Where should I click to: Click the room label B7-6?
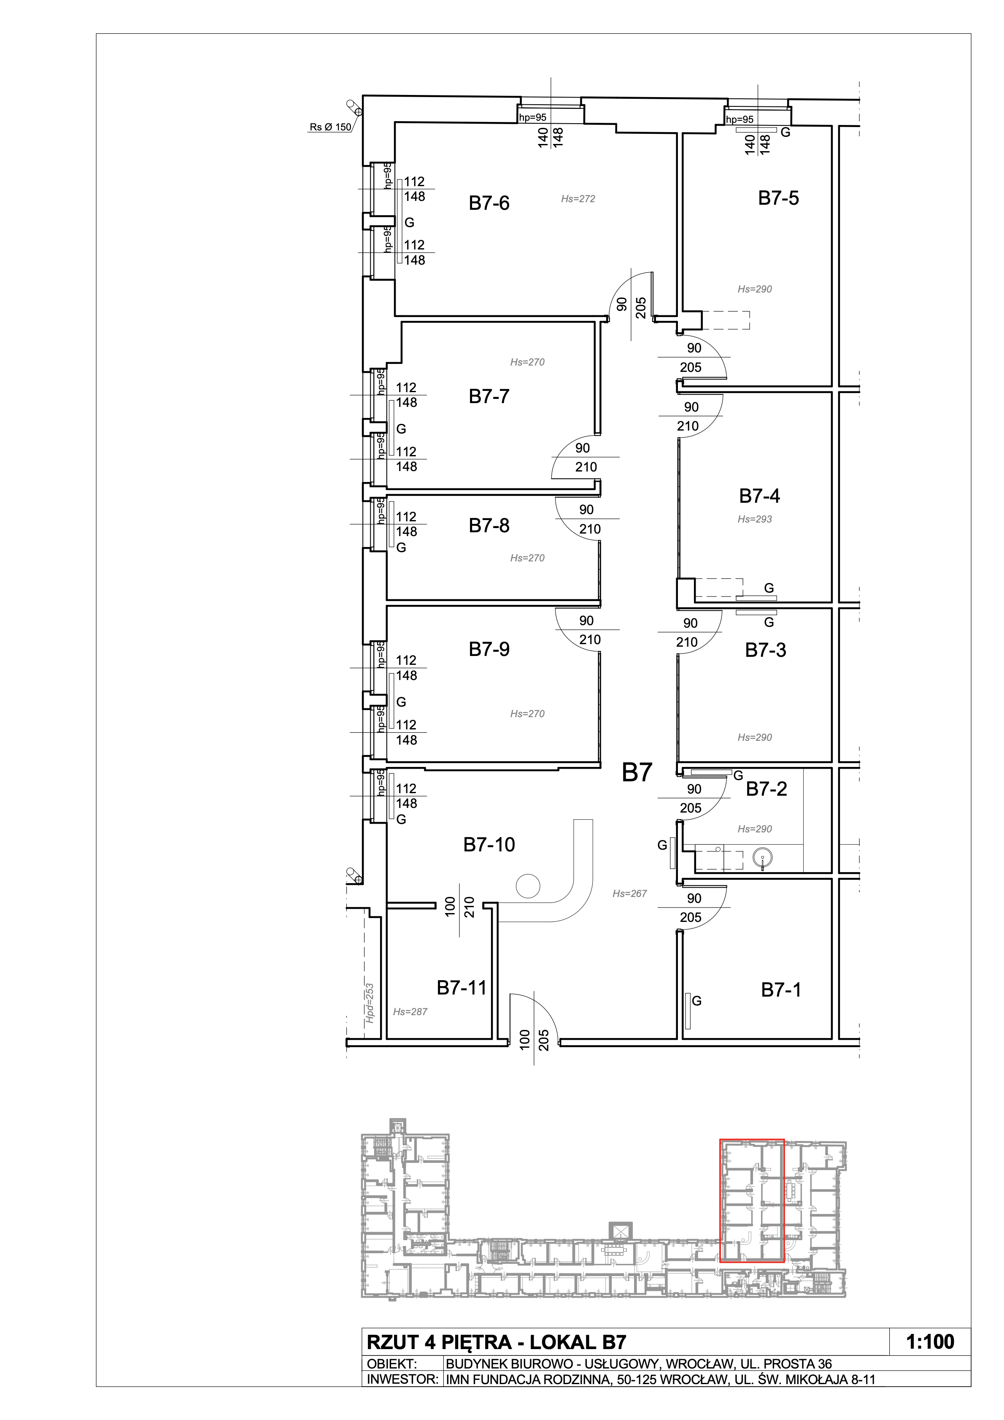click(x=489, y=203)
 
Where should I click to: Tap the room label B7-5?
click(x=778, y=198)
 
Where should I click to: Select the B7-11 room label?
click(x=462, y=988)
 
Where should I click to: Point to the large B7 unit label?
click(x=637, y=772)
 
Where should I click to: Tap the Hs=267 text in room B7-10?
click(x=630, y=893)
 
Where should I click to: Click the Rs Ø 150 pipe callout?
click(x=330, y=127)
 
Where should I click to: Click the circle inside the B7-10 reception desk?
click(x=529, y=886)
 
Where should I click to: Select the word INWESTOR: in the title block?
click(x=402, y=1379)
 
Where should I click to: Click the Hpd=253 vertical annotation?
click(x=370, y=1003)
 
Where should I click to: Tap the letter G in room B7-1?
click(x=697, y=1001)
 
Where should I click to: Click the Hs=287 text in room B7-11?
click(x=410, y=1012)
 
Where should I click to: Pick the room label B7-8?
click(x=489, y=525)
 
